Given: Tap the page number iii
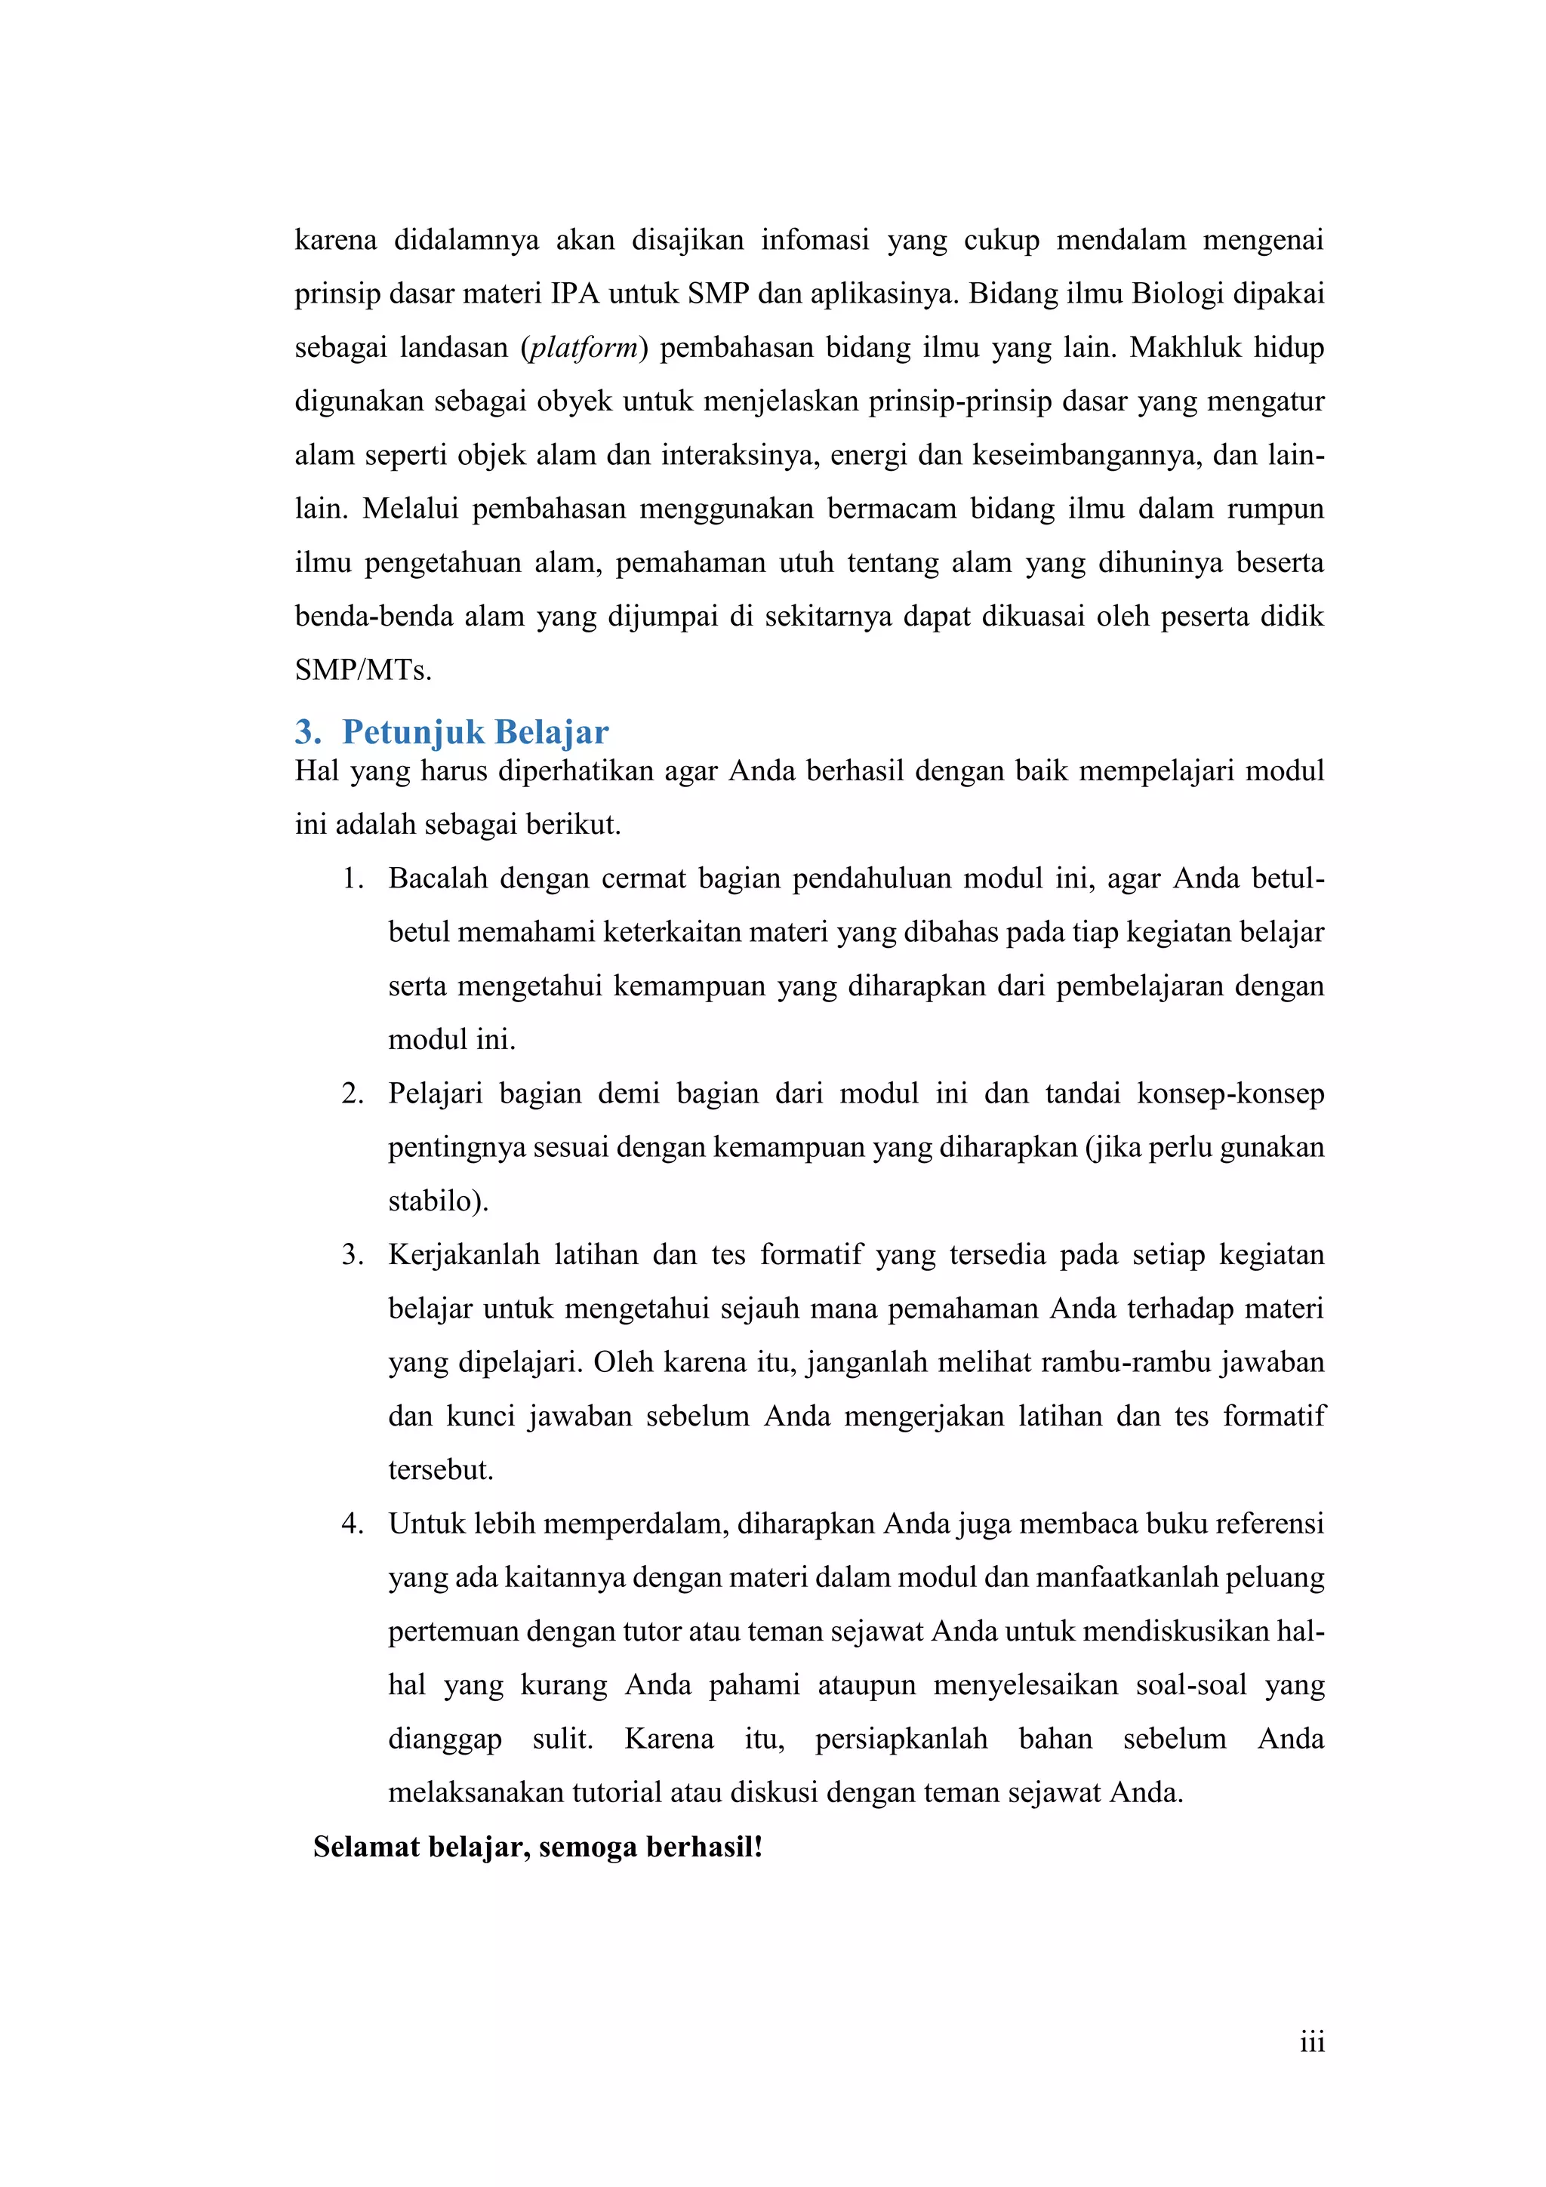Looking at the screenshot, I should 1312,2041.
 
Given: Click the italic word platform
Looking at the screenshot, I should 583,348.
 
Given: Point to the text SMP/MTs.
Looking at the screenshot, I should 363,671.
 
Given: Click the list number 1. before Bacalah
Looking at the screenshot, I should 353,878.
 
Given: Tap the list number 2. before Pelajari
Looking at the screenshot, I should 353,1093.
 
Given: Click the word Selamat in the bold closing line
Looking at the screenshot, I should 367,1847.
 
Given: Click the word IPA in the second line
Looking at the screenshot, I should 574,294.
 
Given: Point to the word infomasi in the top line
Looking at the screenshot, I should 815,240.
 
